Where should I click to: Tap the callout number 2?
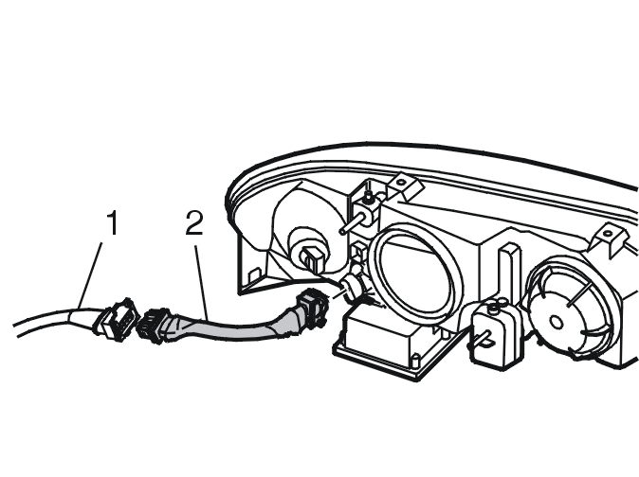(194, 222)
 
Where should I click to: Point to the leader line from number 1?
(90, 280)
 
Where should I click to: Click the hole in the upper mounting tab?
(401, 182)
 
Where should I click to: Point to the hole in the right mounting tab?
(607, 234)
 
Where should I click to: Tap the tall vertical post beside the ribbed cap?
(509, 276)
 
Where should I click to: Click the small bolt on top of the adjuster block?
(369, 197)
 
